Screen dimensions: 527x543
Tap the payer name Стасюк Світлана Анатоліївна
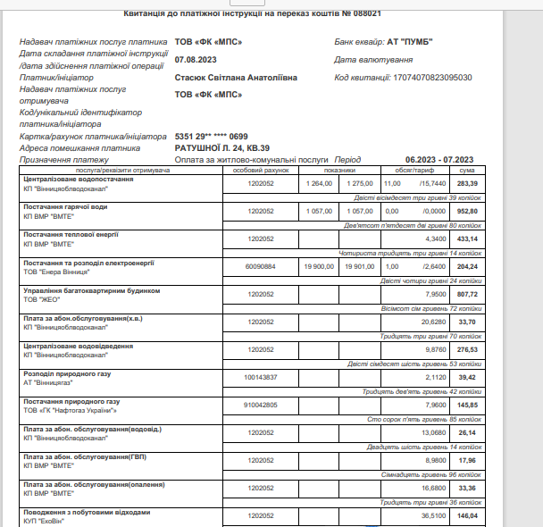[235, 77]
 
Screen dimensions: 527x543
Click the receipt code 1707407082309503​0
[434, 77]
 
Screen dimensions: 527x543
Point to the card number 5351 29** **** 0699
[211, 136]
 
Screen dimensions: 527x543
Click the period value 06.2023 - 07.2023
[438, 159]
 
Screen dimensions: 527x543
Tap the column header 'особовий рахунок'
[261, 169]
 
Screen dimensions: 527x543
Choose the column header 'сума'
[466, 169]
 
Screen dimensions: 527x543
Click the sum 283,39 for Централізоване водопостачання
[467, 183]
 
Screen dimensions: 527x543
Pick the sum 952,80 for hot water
[467, 211]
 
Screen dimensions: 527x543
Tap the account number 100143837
[261, 376]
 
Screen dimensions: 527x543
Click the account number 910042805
[261, 404]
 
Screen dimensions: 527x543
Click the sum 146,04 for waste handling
[467, 515]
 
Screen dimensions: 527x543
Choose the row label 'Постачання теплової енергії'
[71, 234]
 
